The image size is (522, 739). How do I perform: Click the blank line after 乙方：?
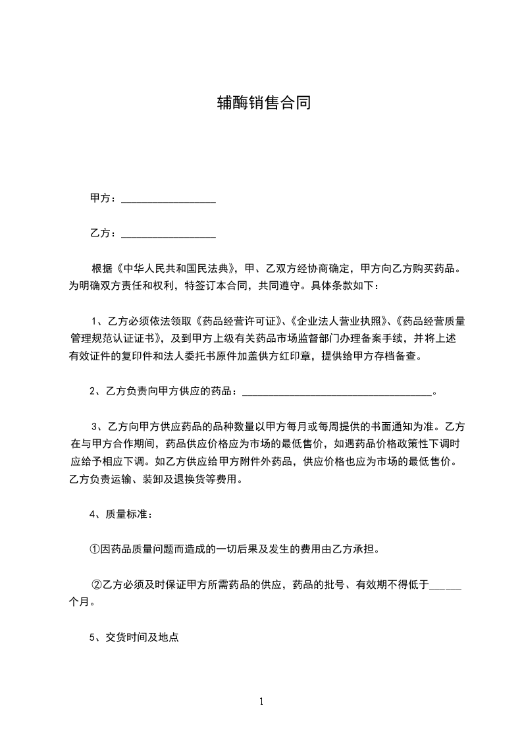click(x=169, y=234)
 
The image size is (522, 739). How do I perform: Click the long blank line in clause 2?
click(x=337, y=392)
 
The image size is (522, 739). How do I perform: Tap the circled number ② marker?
click(x=96, y=584)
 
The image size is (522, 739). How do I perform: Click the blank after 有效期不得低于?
click(x=445, y=585)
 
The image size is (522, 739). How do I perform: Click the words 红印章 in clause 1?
click(x=297, y=357)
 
